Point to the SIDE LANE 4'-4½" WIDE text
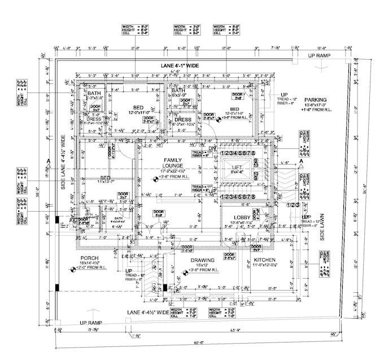[x=64, y=163]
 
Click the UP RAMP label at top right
[x=320, y=56]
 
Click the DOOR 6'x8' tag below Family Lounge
[x=159, y=213]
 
